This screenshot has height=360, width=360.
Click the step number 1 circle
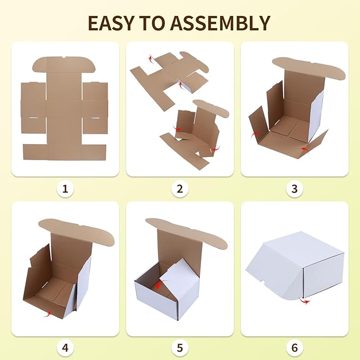coord(65,188)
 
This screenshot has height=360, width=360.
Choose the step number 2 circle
coord(180,188)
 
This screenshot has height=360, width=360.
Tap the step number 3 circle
coord(295,188)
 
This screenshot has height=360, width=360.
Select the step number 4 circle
coord(65,348)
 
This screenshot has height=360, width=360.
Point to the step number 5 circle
coord(180,348)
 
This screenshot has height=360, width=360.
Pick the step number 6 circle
coord(295,348)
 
